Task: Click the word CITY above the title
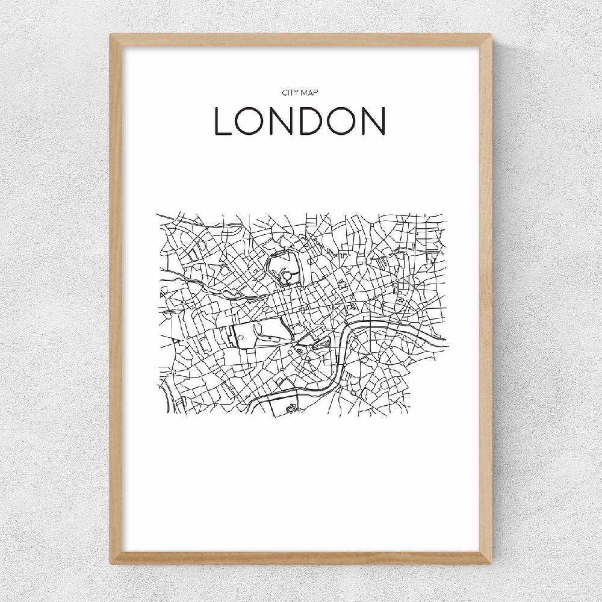click(290, 92)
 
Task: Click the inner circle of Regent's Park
click(287, 275)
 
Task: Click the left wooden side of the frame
click(116, 301)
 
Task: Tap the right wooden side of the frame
click(486, 301)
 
